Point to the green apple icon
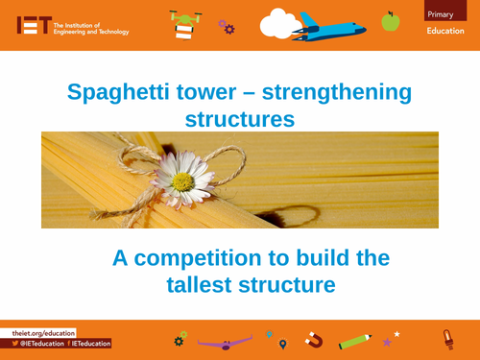tap(390, 20)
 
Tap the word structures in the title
tap(239, 119)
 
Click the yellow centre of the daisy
tap(182, 180)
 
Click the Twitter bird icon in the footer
tap(16, 343)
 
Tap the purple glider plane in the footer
tap(224, 341)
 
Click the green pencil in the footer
tap(354, 340)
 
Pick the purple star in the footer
tap(387, 342)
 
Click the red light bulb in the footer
tap(446, 338)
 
